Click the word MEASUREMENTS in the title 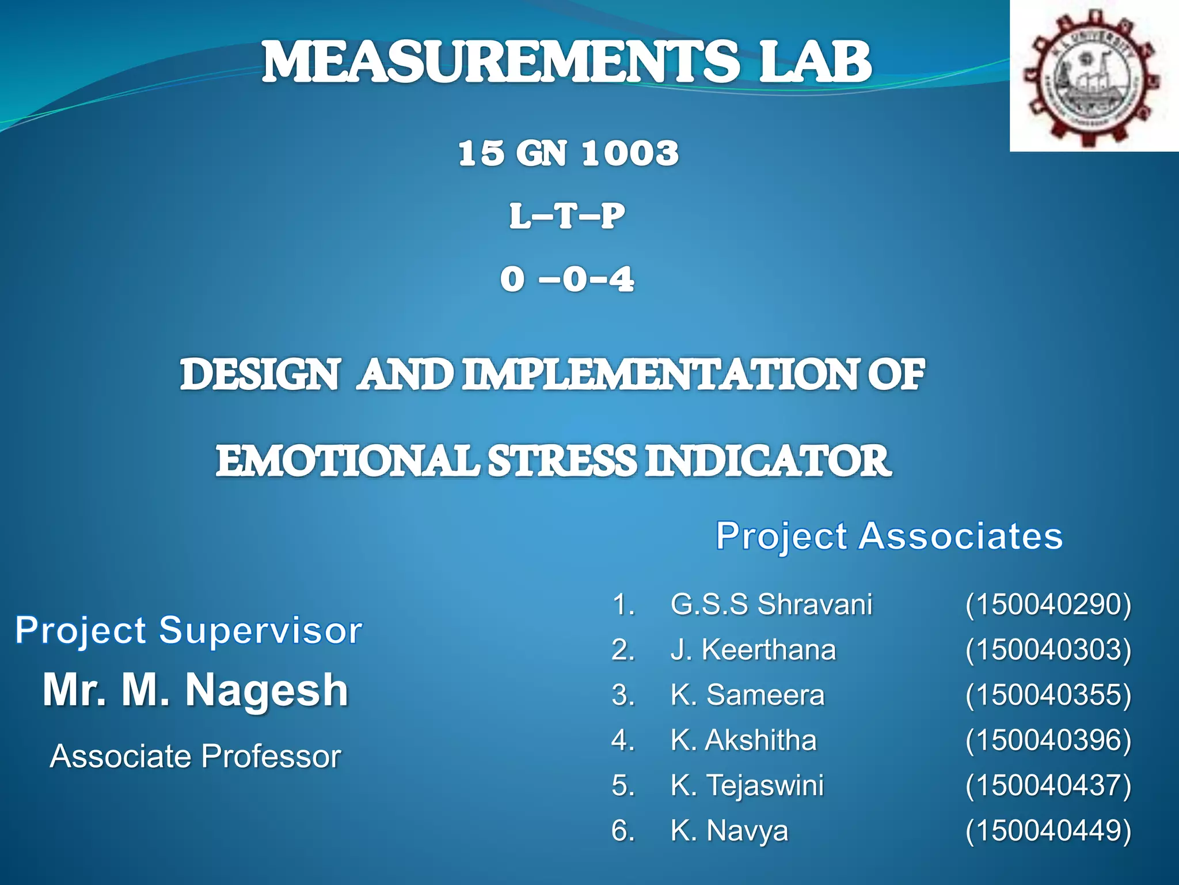500,62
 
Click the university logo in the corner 1093,77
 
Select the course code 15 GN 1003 568,153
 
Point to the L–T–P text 566,217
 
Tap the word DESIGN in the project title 260,375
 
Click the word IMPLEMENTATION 661,375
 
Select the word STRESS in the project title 562,461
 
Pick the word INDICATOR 768,461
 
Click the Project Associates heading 889,536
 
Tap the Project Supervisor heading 188,630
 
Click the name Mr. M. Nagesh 196,690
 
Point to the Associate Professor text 196,756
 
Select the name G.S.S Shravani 771,604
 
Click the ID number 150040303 1048,650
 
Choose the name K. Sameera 747,695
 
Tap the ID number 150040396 1048,740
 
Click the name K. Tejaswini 747,785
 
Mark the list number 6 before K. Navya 621,831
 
